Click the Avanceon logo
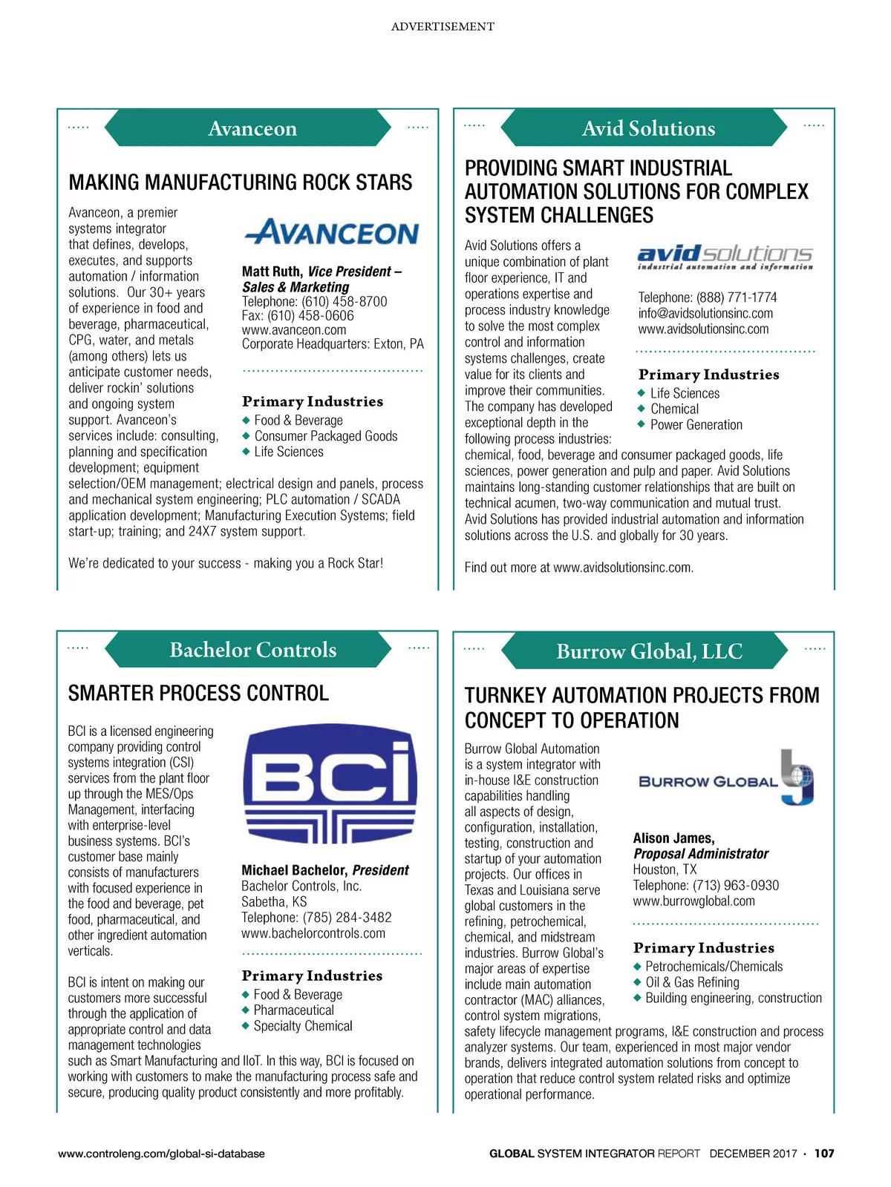coord(332,232)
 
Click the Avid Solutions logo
coord(725,257)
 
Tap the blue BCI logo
coord(330,783)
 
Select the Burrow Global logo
coord(725,779)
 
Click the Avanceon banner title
coord(252,128)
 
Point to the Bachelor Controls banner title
coord(252,650)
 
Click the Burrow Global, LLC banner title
coord(649,651)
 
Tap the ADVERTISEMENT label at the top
coord(443,27)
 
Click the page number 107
coord(824,1154)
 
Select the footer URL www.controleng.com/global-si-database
coord(161,1154)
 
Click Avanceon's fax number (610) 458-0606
coord(298,315)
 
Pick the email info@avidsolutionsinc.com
coord(705,313)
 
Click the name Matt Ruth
coord(272,272)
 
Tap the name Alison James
coord(673,838)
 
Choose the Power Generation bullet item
coord(696,425)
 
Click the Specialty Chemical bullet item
coord(302,1026)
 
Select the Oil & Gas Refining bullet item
coord(692,982)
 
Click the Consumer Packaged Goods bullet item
coord(325,436)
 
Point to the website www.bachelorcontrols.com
coord(313,933)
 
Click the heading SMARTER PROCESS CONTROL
coord(198,693)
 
